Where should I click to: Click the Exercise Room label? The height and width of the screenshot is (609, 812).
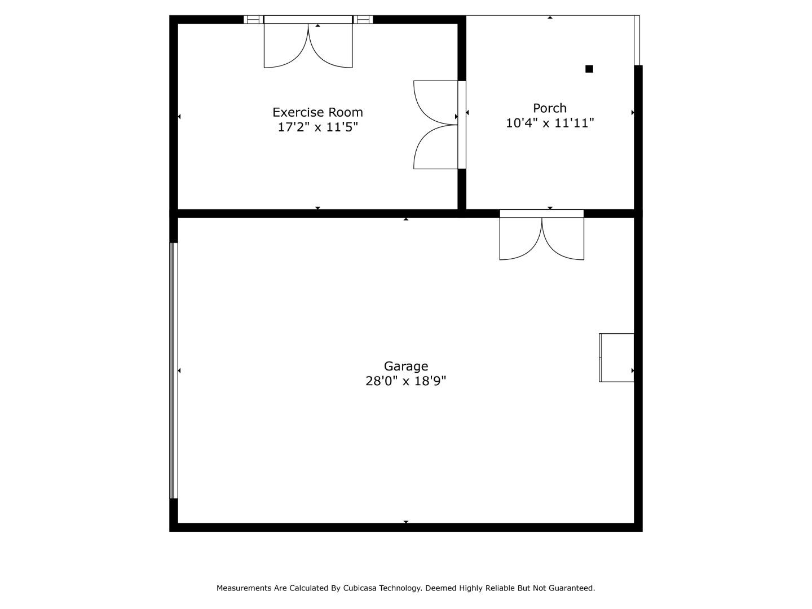coord(317,112)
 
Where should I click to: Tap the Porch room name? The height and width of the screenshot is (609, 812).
coord(550,108)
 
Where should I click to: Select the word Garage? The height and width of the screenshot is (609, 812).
coord(406,366)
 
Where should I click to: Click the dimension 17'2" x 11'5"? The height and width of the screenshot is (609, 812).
coord(318,127)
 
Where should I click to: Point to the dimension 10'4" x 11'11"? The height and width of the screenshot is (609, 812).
coord(550,123)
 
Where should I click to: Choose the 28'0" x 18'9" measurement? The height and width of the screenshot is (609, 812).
coord(406,381)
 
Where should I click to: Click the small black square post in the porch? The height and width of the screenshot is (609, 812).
coord(589,69)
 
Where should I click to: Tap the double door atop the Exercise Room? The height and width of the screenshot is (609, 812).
coord(308,42)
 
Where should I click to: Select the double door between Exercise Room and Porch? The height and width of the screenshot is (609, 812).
coord(439,125)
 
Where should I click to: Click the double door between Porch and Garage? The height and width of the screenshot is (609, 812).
coord(541,235)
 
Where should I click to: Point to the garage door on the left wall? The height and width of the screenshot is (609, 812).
coord(174,370)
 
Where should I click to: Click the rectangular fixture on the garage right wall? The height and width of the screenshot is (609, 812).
coord(616,358)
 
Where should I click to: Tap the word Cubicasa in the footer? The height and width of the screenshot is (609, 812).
coord(360,588)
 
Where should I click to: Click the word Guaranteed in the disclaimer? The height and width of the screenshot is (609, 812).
coord(572,588)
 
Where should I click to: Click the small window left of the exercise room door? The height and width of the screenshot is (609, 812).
coord(253,20)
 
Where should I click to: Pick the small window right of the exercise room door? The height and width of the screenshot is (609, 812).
coord(363,20)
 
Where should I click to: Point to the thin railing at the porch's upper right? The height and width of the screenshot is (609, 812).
coord(637,40)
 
